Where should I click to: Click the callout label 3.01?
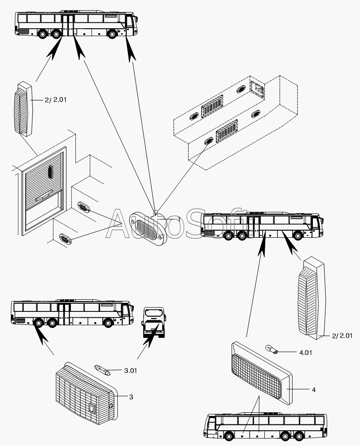[130, 371]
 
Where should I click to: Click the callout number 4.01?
[305, 352]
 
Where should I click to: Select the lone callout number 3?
[131, 397]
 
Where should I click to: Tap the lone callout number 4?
[314, 390]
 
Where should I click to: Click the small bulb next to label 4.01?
[272, 348]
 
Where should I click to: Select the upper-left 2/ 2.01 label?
[55, 100]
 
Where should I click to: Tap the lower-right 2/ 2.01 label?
[343, 335]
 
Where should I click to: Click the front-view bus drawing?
[154, 323]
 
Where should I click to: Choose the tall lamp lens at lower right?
[311, 297]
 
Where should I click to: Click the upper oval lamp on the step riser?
[83, 207]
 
